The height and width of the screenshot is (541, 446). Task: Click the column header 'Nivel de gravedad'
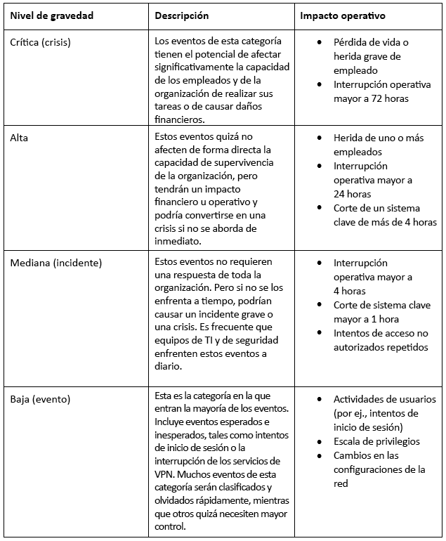[51, 15]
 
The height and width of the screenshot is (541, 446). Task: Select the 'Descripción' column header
[181, 15]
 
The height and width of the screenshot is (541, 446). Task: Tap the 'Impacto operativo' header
[341, 15]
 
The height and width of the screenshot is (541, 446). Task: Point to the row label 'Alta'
[20, 138]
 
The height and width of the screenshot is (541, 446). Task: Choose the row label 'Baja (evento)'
[40, 399]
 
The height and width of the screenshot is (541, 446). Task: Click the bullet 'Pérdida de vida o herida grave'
[376, 56]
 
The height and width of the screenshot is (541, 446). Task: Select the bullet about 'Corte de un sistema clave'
[385, 215]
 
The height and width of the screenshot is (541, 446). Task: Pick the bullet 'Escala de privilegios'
[376, 441]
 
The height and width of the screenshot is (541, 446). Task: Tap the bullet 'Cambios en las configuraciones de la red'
[379, 469]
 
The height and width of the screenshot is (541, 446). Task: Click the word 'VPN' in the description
[164, 474]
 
